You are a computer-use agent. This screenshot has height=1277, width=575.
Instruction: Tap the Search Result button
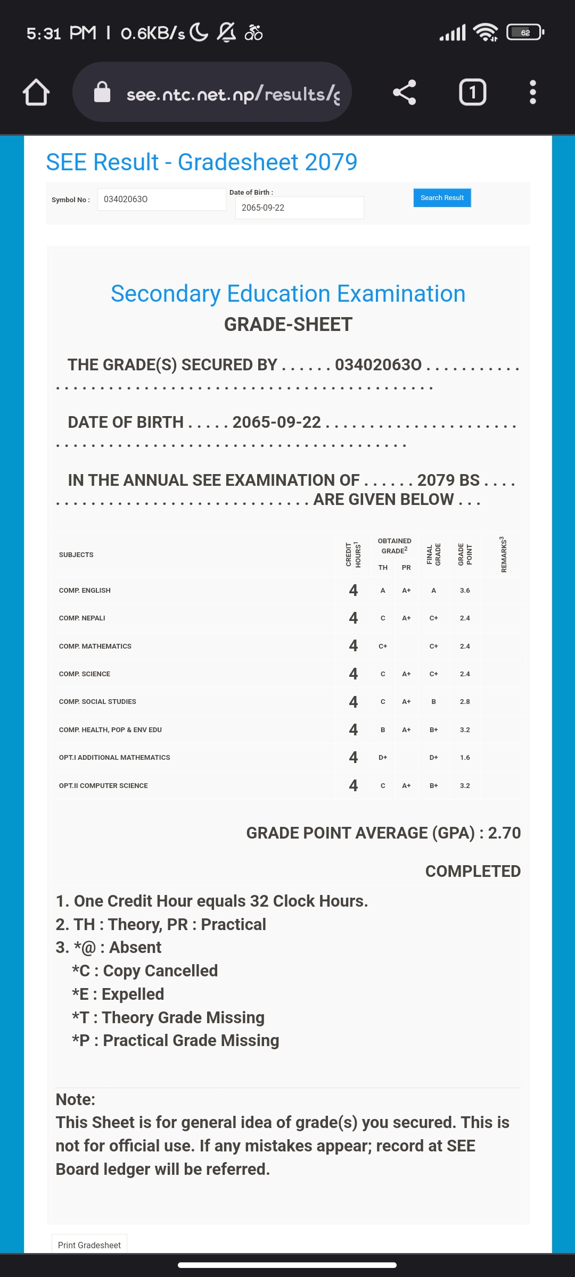tap(442, 198)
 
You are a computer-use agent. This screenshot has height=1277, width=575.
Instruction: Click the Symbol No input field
tap(161, 200)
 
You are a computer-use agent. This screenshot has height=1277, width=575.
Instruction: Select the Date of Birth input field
tap(299, 208)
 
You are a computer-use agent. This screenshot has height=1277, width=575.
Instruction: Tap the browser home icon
tap(36, 93)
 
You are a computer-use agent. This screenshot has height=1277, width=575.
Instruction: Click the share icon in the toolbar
tap(404, 93)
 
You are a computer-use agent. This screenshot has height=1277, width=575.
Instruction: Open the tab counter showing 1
tap(472, 93)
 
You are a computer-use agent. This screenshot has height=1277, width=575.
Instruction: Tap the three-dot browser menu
tap(532, 93)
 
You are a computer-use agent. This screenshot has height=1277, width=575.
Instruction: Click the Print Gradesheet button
tap(89, 1245)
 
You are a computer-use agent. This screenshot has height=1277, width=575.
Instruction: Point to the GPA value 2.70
tap(504, 833)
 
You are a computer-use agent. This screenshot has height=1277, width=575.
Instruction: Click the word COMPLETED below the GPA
tap(473, 871)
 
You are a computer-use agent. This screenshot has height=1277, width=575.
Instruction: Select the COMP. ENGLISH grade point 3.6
tap(465, 591)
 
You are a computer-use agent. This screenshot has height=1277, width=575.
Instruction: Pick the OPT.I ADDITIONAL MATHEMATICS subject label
tap(114, 758)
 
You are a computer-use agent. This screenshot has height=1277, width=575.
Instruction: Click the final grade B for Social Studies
tap(433, 702)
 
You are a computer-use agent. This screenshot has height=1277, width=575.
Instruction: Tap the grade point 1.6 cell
tap(465, 758)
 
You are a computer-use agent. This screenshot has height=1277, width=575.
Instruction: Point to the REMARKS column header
tap(503, 554)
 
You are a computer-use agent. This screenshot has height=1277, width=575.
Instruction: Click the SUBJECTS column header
tap(76, 555)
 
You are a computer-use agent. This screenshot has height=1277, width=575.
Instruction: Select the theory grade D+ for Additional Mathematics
tap(383, 758)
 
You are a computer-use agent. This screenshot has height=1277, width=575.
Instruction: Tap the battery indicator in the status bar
tap(525, 32)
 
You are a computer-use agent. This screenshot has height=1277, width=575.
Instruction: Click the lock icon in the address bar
tap(102, 93)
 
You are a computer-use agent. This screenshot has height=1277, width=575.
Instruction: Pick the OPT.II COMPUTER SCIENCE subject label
tap(103, 786)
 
